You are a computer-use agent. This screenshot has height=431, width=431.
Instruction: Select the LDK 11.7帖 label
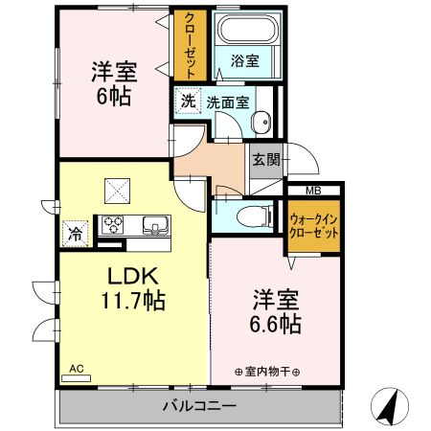134,287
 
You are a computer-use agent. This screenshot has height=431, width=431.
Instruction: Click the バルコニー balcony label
203,406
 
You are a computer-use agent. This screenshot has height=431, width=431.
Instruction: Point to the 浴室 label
245,60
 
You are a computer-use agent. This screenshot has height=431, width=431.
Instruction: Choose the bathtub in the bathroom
246,32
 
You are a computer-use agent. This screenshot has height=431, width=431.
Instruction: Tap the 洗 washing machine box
188,100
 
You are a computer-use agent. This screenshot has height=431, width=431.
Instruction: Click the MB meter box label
313,191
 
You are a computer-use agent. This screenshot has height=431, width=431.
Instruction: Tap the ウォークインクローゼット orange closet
313,226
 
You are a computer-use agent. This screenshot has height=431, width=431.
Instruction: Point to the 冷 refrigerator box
74,232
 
